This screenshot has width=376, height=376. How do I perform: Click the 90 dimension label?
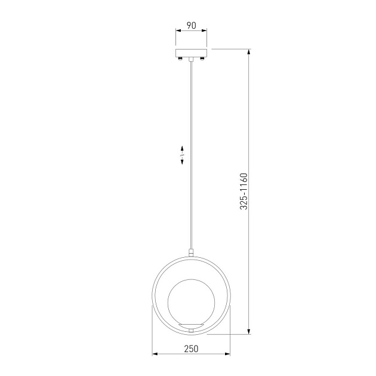point(191,26)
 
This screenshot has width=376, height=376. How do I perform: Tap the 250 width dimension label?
point(191,349)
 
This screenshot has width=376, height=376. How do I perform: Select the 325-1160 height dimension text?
point(244,191)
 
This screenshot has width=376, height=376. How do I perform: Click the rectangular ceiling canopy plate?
point(191,53)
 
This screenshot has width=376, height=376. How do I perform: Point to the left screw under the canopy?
point(180,58)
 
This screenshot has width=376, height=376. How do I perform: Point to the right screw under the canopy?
point(202,58)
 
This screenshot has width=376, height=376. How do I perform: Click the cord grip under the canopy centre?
point(191,59)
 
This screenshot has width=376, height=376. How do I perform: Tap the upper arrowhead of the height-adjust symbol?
point(182,148)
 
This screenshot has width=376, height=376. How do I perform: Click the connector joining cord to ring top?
point(191,252)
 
